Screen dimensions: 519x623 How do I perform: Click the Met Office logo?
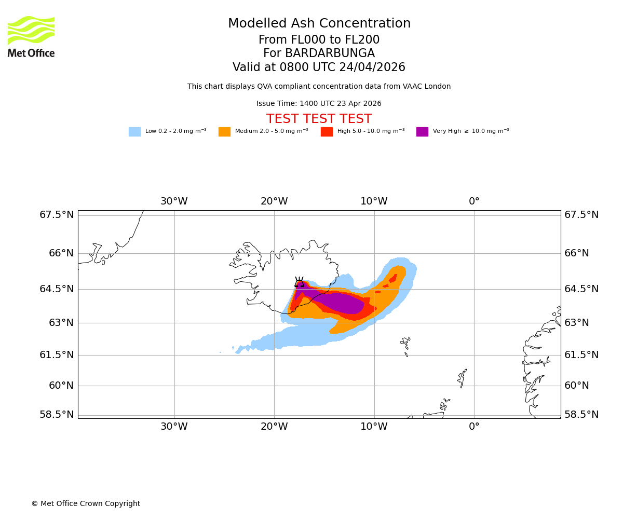click(x=31, y=36)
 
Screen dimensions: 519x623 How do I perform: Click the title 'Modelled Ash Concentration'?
click(x=319, y=24)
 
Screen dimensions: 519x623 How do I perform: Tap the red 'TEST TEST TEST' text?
click(x=319, y=119)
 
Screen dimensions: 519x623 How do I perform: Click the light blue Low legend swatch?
click(x=134, y=132)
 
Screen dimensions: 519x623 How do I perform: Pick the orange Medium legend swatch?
click(x=224, y=132)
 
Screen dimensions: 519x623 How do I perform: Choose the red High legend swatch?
click(x=327, y=132)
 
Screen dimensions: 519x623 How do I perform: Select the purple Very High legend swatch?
click(x=422, y=132)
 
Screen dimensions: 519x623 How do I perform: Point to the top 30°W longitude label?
click(x=174, y=201)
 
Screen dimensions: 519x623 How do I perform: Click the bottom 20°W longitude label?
click(x=274, y=427)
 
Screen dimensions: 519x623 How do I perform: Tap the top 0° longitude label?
click(x=474, y=201)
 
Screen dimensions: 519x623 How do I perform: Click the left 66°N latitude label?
click(x=57, y=253)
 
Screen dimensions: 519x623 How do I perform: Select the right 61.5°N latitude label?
click(x=581, y=355)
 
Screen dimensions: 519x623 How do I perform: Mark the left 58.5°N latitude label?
click(x=57, y=415)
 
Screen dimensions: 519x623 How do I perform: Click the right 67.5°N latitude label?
click(x=581, y=215)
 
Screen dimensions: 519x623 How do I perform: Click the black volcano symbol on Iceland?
click(x=299, y=282)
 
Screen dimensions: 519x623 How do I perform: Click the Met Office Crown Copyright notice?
click(x=86, y=504)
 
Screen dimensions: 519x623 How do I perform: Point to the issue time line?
click(x=319, y=104)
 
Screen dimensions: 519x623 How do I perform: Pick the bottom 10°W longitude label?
click(x=374, y=427)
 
